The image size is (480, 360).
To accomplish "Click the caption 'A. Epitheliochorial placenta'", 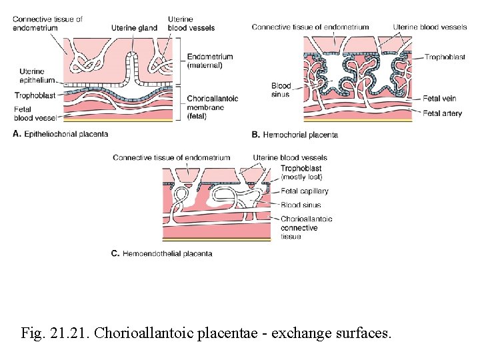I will pos(60,134).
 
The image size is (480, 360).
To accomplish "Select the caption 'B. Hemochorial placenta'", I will pos(295,135).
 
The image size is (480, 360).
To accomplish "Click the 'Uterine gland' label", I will pos(133,27).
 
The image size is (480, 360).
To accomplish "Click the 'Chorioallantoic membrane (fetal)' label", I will pos(213,107).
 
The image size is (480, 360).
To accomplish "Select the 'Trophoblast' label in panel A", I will pos(35,95).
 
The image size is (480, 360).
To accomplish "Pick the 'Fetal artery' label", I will pos(442,113).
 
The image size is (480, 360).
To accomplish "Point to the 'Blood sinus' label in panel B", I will pos(281,90).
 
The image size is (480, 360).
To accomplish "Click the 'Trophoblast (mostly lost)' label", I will pos(301,173).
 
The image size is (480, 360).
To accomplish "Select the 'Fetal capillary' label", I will pos(305,191).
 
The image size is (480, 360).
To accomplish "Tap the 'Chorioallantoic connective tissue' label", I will pos(306,227).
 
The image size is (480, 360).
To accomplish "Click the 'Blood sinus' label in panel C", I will pos(301,205).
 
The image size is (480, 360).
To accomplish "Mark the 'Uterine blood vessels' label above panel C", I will pos(290,157).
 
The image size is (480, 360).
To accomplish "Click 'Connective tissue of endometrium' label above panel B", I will pos(310,27).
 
